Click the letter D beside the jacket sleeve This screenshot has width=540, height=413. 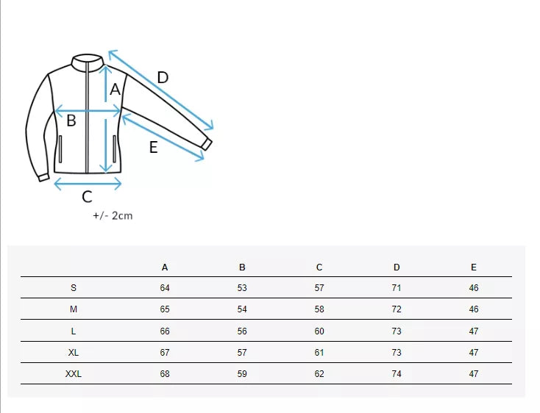click(163, 77)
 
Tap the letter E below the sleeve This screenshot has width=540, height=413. click(153, 147)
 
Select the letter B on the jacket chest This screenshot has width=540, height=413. click(71, 121)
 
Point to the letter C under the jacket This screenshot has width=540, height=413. click(87, 196)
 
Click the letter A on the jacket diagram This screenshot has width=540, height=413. click(115, 90)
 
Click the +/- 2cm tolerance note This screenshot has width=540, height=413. click(113, 215)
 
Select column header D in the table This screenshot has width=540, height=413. click(397, 267)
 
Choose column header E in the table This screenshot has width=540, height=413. click(474, 267)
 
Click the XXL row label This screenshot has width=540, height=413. click(74, 374)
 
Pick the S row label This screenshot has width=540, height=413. click(74, 288)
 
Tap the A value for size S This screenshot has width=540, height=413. click(165, 288)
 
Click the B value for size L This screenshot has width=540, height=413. click(242, 331)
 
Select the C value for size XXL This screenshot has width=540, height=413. click(319, 374)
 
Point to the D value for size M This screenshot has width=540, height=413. click(397, 309)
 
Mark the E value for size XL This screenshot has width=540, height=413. click(474, 353)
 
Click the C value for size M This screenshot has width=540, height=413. click(319, 309)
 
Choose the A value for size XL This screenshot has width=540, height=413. click(165, 353)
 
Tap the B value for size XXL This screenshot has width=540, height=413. click(242, 374)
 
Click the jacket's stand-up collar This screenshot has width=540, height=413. click(87, 59)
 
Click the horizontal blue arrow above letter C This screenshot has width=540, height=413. click(88, 184)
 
